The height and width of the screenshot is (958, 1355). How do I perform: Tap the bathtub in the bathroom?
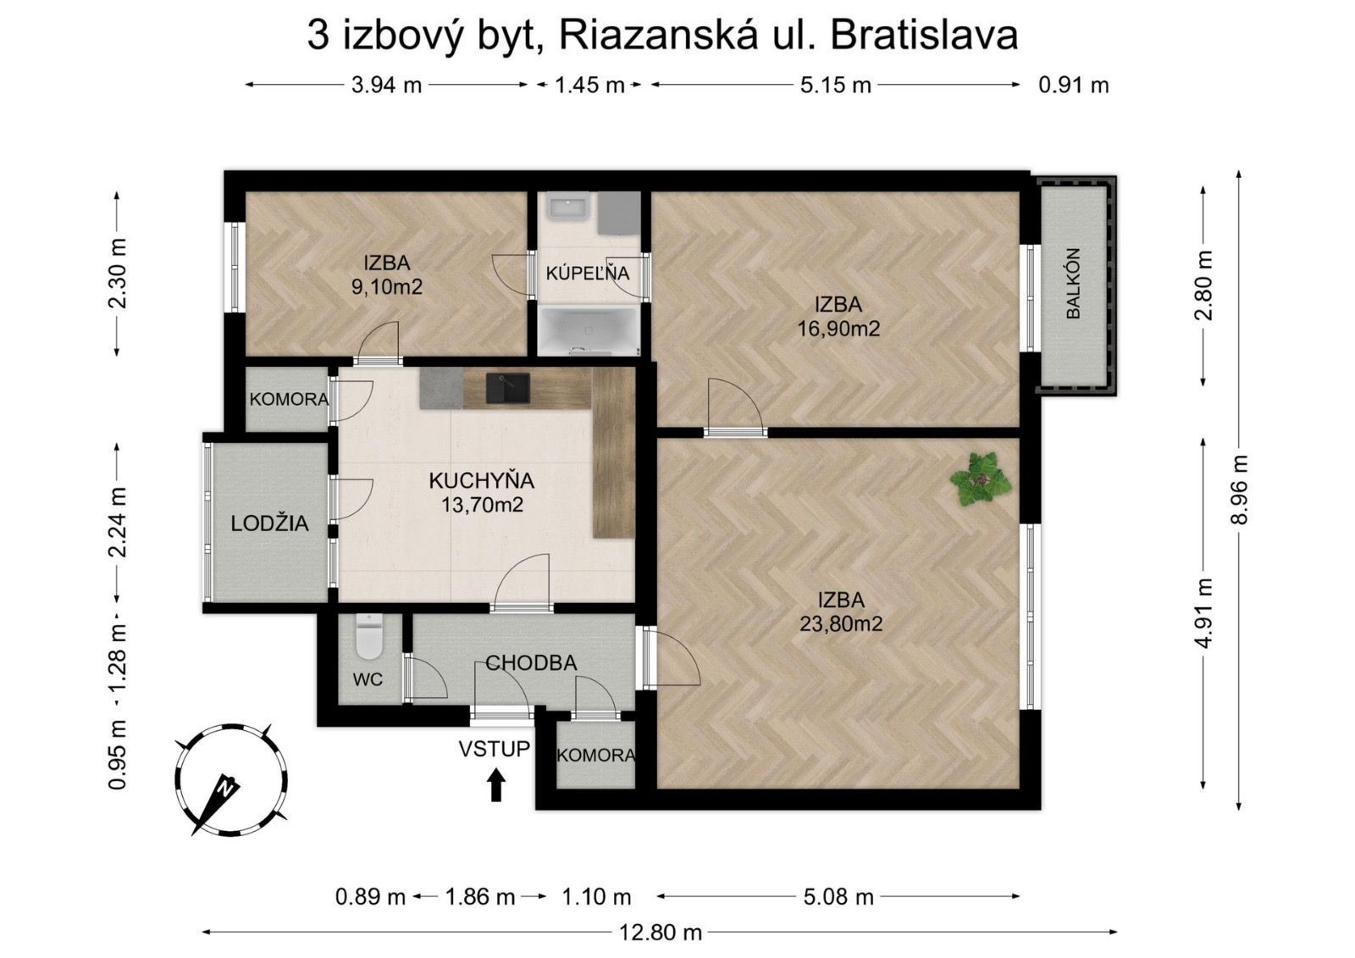click(588, 330)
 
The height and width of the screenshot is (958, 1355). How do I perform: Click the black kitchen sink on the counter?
click(507, 388)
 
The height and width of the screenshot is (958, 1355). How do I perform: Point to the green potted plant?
click(981, 479)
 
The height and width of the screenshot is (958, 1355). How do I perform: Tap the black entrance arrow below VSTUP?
click(496, 784)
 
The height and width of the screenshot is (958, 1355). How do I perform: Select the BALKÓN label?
click(1073, 283)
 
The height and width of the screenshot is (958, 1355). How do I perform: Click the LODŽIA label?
click(269, 523)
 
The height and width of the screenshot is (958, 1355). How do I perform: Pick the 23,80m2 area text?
click(840, 624)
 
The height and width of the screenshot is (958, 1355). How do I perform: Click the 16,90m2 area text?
click(838, 329)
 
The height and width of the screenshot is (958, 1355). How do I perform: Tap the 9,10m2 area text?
click(386, 287)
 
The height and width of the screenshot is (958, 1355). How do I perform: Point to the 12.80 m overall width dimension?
click(661, 933)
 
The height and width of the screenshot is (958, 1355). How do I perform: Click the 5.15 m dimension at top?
click(835, 85)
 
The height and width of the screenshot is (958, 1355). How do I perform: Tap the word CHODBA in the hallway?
click(531, 663)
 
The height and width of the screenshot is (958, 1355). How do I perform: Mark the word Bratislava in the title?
click(924, 36)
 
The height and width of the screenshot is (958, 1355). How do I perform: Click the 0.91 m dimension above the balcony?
click(1073, 85)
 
